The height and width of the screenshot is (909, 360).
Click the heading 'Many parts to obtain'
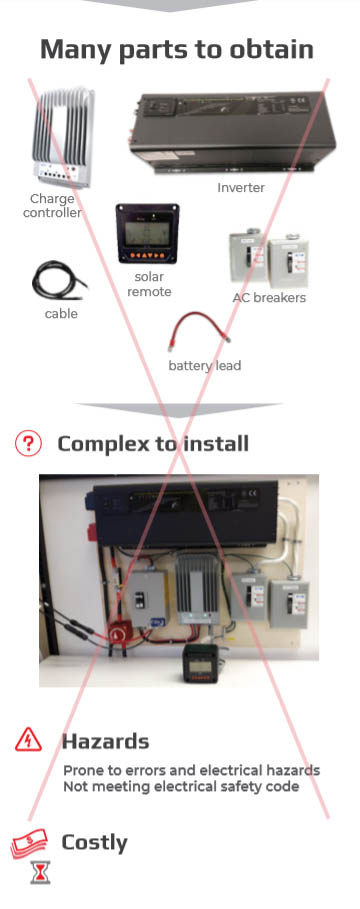(x=176, y=49)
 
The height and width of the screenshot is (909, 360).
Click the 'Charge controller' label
(x=52, y=205)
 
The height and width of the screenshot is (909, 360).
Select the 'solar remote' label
(x=148, y=283)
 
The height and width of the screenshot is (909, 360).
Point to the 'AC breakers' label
(x=269, y=297)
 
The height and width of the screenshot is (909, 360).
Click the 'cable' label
(x=61, y=314)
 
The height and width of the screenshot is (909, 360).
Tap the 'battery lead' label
(x=204, y=365)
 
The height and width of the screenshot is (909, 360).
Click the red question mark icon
(x=29, y=443)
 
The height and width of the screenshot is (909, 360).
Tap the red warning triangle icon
(x=29, y=741)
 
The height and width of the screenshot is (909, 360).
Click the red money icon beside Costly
(x=30, y=844)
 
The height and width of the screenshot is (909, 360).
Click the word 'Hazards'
(x=105, y=741)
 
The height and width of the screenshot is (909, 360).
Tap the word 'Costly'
(x=94, y=842)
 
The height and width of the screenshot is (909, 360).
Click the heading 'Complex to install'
(x=153, y=443)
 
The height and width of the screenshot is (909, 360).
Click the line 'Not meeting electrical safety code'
(x=181, y=786)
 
